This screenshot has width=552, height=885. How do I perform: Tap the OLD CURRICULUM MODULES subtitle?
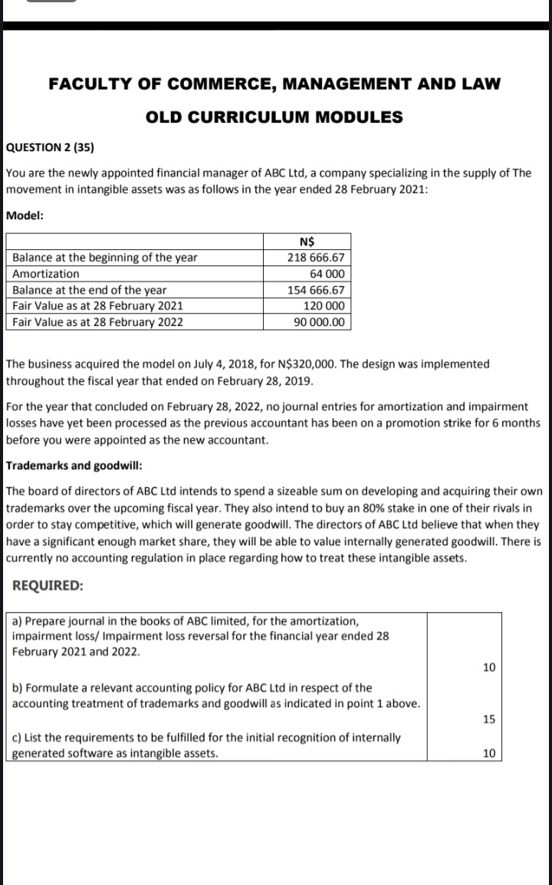(274, 117)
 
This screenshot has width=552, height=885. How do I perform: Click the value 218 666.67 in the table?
(315, 258)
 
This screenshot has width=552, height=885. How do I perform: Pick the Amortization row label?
(46, 274)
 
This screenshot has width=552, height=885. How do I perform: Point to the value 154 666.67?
(315, 290)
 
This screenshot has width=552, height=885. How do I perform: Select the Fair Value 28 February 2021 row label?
(97, 305)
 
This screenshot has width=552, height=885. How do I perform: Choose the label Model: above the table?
(25, 215)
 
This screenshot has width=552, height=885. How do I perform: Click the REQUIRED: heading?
(48, 585)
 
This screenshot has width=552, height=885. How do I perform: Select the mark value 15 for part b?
(489, 719)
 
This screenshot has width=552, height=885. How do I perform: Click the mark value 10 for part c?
(489, 752)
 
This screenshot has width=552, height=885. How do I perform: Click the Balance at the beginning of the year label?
(105, 258)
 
